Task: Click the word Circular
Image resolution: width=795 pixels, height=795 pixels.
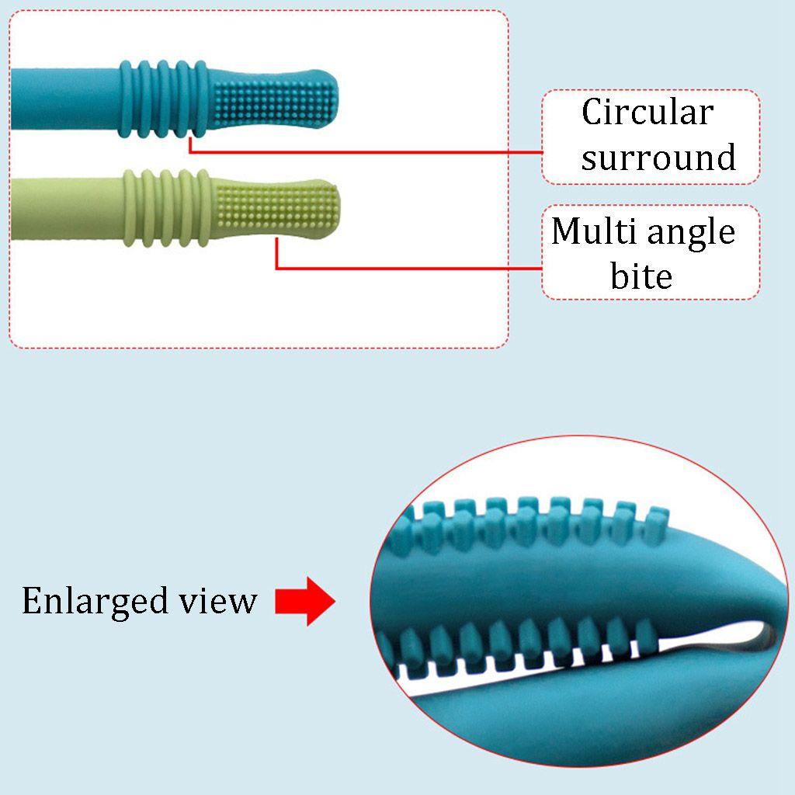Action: (x=647, y=113)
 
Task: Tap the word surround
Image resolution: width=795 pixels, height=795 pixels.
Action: (x=658, y=158)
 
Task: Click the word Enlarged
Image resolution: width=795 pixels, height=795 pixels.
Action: (x=93, y=601)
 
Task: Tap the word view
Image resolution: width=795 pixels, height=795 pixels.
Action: (x=222, y=601)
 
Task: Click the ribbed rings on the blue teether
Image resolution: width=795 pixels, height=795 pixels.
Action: (x=164, y=99)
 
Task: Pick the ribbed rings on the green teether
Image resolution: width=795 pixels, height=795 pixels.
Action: (x=168, y=208)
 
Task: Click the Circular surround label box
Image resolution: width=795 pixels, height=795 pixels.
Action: (x=651, y=137)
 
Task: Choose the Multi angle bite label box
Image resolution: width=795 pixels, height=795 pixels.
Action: (x=651, y=252)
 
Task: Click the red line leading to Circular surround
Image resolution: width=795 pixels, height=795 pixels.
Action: (x=365, y=152)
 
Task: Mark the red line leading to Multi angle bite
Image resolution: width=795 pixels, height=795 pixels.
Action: (x=404, y=269)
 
